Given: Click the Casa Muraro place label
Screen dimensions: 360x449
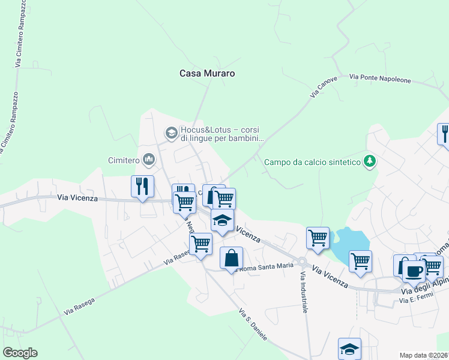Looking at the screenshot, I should tap(207, 73).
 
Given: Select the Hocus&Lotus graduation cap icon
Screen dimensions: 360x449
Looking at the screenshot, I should tap(171, 132).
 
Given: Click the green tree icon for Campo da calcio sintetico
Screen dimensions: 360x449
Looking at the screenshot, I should tap(370, 161).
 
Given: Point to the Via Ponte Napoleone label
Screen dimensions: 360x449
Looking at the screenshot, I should tap(379, 79).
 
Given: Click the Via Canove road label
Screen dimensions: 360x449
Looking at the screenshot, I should tap(324, 87).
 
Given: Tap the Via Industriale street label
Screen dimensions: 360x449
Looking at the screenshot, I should tap(304, 292).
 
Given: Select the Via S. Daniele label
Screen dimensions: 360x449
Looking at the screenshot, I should tap(253, 323).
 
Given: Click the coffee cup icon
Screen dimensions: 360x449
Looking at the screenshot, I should tap(414, 271).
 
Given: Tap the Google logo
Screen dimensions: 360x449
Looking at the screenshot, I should tap(20, 353).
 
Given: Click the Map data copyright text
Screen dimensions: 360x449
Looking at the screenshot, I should tap(424, 355).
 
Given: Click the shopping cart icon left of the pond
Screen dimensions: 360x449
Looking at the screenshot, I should tap(318, 237).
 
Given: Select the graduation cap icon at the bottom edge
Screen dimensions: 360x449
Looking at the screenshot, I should tap(349, 348).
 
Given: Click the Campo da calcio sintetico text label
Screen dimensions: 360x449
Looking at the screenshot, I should tap(312, 162).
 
